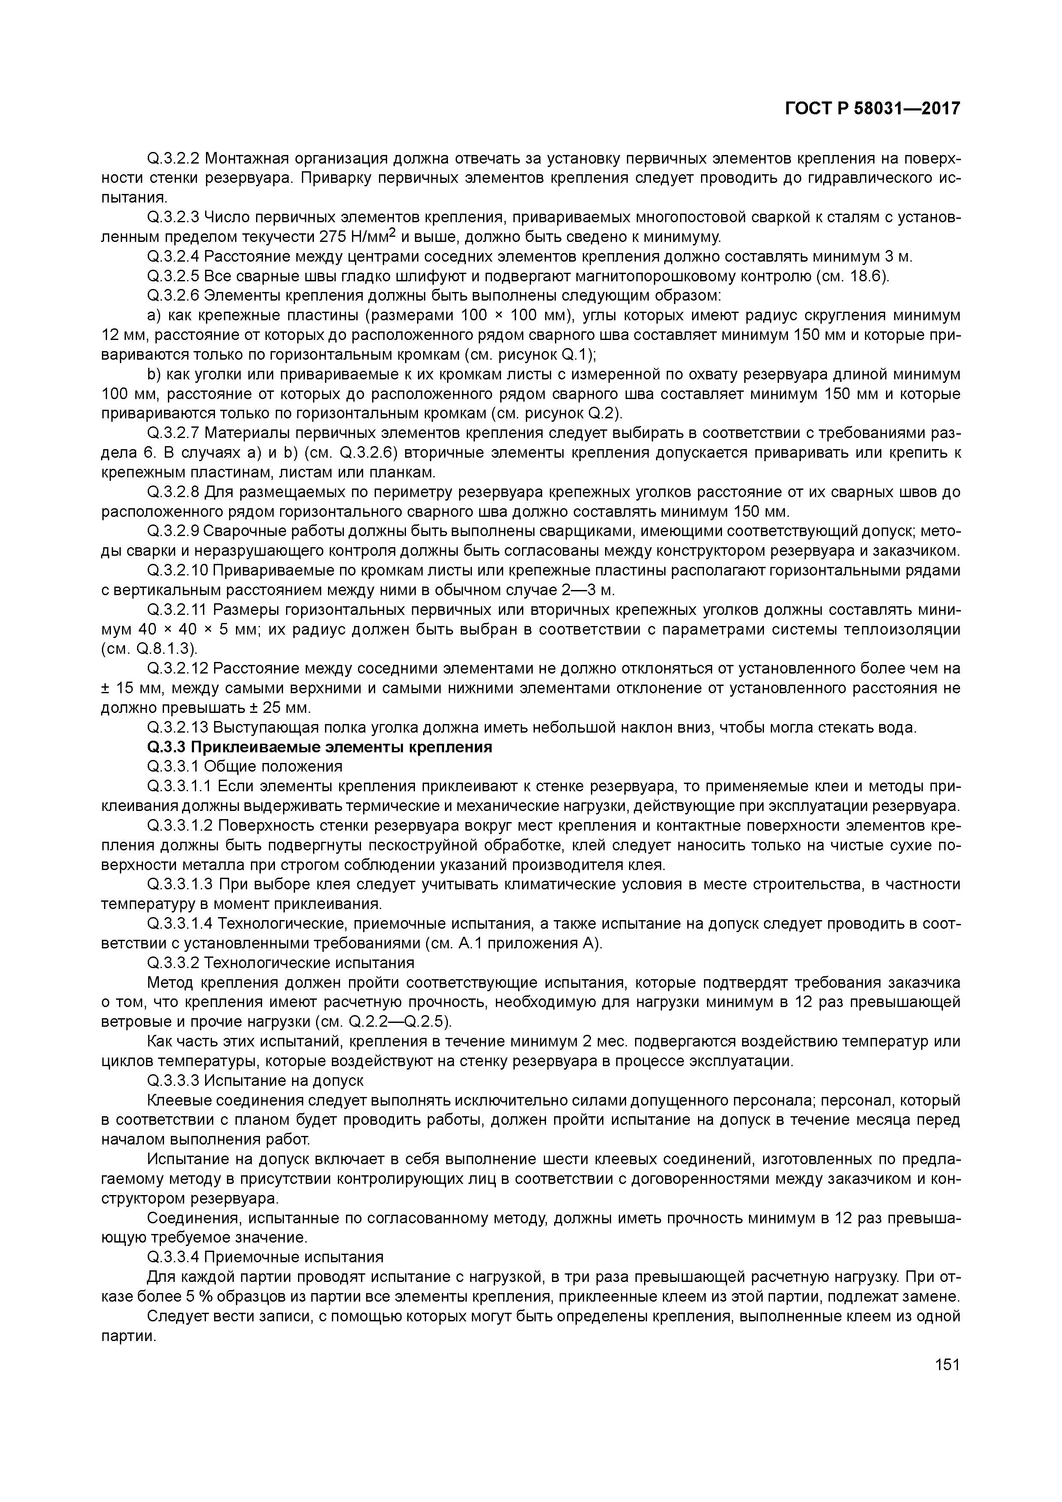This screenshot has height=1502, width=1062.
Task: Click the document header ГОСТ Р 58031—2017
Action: [872, 109]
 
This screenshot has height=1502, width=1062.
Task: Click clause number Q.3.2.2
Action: [174, 159]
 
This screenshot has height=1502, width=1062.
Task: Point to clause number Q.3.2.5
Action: [174, 277]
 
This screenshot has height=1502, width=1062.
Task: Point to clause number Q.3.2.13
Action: [178, 727]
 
